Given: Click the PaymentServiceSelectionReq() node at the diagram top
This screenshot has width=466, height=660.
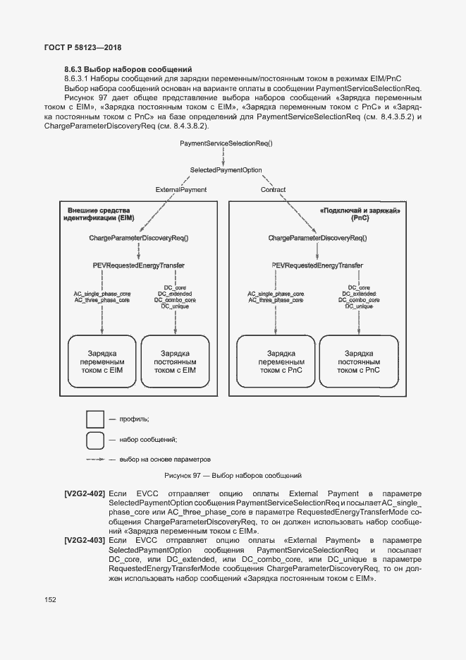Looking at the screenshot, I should click(226, 143).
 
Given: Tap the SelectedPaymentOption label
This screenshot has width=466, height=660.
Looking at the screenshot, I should click(226, 170).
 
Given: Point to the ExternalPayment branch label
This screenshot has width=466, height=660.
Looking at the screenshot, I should click(181, 190).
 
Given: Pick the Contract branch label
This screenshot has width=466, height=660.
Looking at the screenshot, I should click(273, 190).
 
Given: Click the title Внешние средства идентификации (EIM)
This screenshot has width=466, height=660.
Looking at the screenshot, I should click(100, 215).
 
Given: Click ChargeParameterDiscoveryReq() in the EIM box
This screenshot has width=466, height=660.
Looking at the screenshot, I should click(138, 239).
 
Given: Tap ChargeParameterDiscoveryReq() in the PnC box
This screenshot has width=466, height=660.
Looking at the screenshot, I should click(317, 239).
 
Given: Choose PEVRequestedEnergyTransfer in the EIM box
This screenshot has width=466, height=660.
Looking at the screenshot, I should click(138, 265).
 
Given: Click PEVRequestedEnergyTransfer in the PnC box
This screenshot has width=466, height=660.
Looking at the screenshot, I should click(317, 265).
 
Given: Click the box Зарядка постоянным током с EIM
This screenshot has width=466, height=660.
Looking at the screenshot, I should click(175, 361).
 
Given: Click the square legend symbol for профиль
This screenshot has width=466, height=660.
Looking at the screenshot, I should click(95, 419).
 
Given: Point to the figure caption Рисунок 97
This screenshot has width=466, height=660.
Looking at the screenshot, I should click(233, 476).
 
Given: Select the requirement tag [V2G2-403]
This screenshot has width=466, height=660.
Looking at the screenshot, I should click(85, 540).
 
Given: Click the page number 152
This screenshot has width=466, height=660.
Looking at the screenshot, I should click(50, 600).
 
